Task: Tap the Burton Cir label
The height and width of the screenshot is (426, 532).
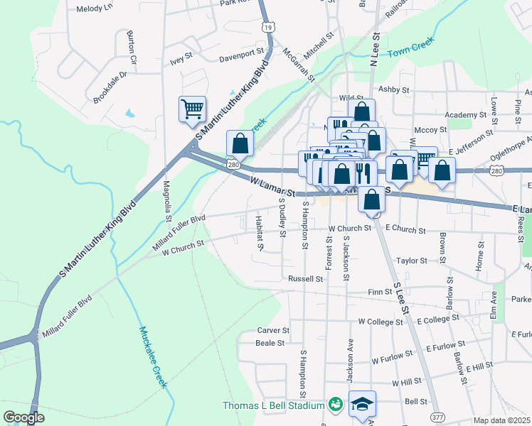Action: pos(131,42)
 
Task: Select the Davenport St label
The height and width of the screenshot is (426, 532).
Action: pos(241,58)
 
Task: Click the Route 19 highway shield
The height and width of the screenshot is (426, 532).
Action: pos(267,27)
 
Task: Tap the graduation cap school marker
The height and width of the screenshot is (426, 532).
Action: pos(362,404)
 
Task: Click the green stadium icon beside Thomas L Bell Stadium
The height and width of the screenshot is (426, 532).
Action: pos(334,405)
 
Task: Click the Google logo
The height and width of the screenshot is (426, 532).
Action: pos(23,417)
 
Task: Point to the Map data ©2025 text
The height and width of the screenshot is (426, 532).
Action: pos(502,420)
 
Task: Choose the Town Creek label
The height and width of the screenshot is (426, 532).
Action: pos(410,48)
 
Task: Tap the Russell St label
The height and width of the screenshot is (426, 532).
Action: pos(306,279)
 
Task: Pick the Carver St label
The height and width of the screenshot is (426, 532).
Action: pos(273,330)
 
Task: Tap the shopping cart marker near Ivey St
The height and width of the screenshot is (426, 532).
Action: pos(192,109)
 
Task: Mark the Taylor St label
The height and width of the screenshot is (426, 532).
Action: pos(412,261)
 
